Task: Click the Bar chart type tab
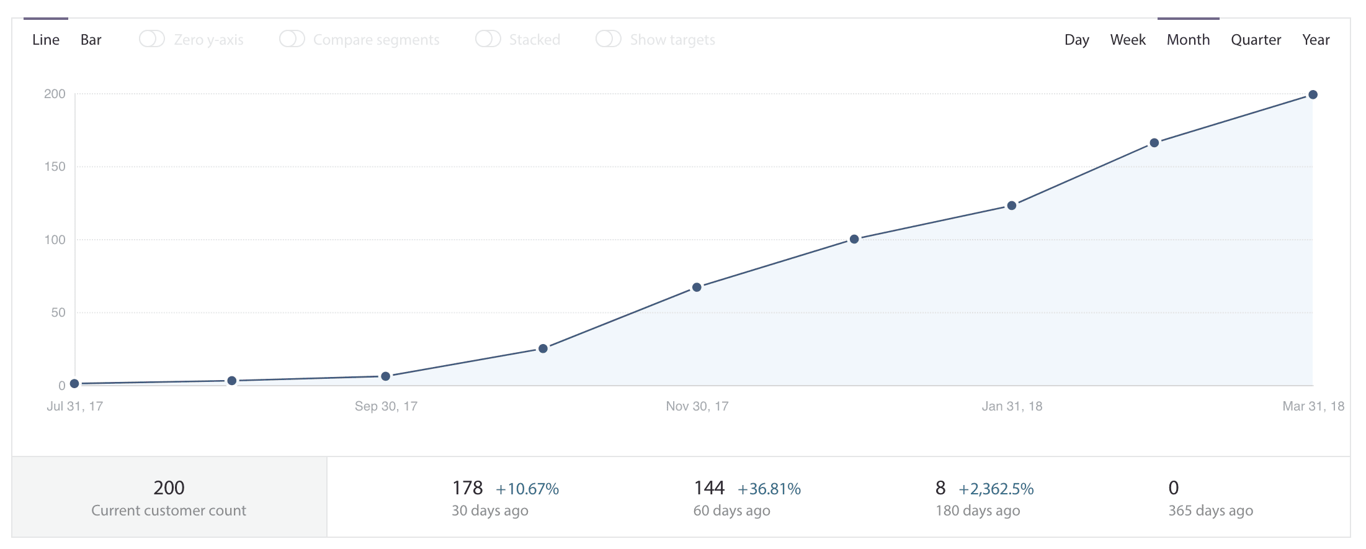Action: [91, 40]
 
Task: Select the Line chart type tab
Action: [46, 40]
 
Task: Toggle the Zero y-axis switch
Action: [152, 39]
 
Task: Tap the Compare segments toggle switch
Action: [292, 39]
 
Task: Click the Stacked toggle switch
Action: [488, 39]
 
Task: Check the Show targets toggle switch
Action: [608, 39]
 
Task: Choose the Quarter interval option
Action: [1256, 40]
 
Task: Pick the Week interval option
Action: [1127, 40]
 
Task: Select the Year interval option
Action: [1316, 40]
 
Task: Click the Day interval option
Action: [1076, 40]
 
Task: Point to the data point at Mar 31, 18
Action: [1313, 95]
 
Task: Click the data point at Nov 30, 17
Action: [697, 288]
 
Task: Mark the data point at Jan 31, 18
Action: [1012, 206]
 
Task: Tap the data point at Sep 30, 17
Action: [385, 376]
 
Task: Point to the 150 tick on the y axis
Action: [55, 166]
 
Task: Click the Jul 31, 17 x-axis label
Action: [74, 406]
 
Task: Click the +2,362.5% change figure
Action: [996, 489]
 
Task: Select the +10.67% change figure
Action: [527, 489]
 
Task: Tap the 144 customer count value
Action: [709, 488]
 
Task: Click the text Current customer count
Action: [169, 510]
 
